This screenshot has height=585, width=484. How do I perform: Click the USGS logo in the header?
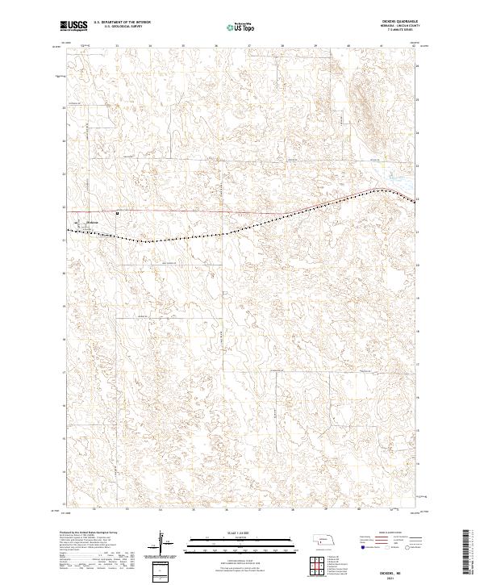(74, 26)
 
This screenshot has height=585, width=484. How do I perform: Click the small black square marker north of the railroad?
(118, 213)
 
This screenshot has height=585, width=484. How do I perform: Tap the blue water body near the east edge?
(398, 181)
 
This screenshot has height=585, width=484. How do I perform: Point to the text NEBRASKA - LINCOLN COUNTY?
(404, 27)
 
